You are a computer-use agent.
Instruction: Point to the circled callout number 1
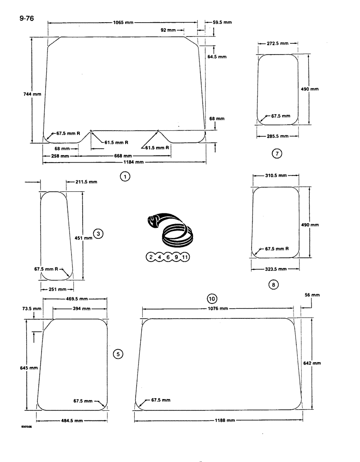click(x=124, y=176)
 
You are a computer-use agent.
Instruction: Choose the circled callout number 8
click(x=273, y=285)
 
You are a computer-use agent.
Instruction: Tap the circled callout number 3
click(x=98, y=234)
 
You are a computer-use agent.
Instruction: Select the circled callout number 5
click(x=118, y=354)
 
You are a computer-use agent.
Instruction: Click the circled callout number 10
click(x=212, y=298)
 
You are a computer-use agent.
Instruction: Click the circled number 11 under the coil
click(x=185, y=257)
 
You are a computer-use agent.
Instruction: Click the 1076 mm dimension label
click(x=217, y=308)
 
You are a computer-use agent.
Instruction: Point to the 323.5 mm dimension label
click(x=276, y=268)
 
